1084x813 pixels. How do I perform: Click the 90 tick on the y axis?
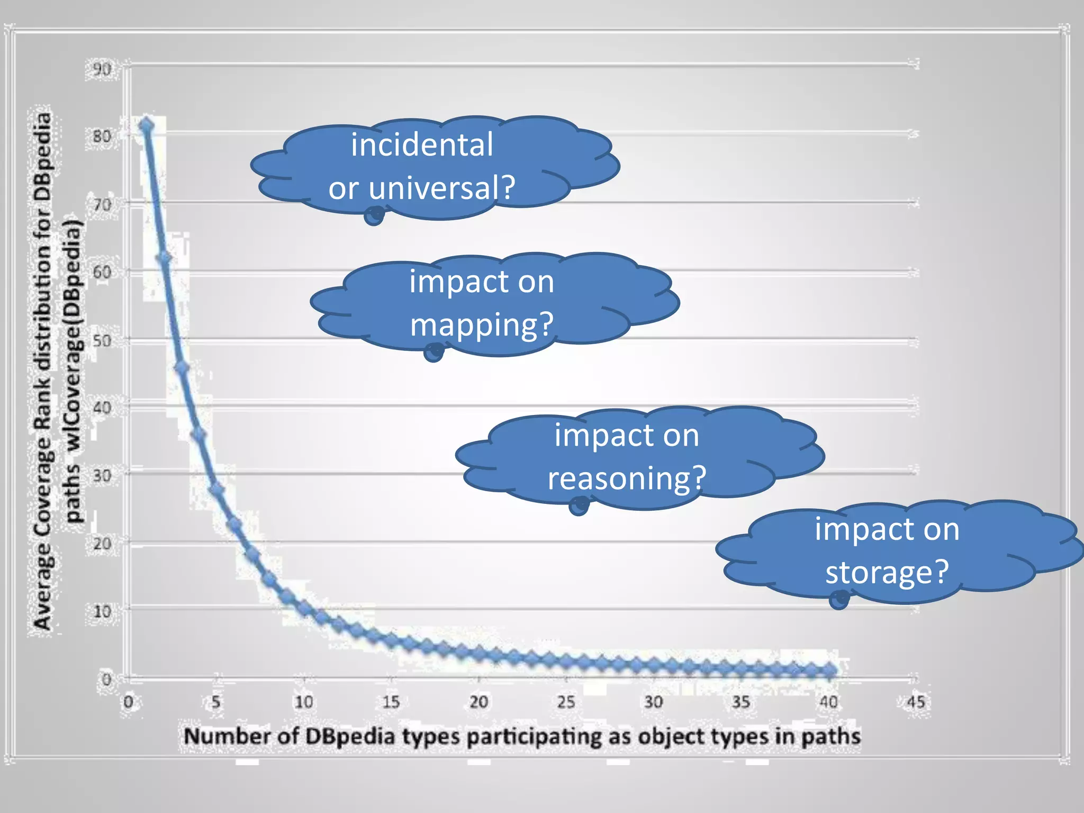coord(102,69)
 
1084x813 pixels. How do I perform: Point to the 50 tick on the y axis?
coord(102,340)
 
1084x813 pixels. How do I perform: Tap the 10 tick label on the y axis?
coord(102,612)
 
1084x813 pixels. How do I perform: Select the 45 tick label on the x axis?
coord(916,702)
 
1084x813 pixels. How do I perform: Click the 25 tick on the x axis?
coord(566,702)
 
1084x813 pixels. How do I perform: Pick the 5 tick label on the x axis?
coord(216,702)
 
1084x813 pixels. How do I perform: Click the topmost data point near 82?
coord(146,126)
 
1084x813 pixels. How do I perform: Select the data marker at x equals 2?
coord(164,258)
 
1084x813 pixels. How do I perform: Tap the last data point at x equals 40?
coord(829,671)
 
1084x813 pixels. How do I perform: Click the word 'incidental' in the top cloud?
coord(422,144)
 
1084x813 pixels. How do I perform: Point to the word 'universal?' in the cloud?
coord(441,187)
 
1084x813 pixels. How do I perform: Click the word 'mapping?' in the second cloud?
coord(482,324)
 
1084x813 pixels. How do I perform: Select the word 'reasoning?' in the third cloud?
coord(627,478)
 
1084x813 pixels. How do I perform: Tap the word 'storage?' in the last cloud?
coord(887,572)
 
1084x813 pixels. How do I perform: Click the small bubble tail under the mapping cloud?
coord(433,352)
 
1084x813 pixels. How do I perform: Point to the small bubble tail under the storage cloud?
coord(839,600)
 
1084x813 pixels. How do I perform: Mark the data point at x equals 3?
coord(182,368)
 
